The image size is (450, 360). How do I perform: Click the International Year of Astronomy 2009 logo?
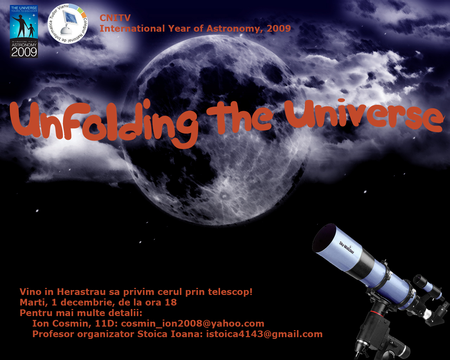[x=24, y=31]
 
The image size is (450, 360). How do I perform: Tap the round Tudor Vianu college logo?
[x=68, y=24]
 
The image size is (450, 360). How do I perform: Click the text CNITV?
[x=115, y=18]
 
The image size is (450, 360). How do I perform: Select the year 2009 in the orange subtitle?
[x=279, y=28]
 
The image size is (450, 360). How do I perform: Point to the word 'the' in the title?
[x=240, y=117]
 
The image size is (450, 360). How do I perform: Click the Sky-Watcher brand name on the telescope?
[x=347, y=247]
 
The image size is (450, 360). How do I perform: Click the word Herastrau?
[x=81, y=292]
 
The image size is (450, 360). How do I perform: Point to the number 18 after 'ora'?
[x=171, y=302]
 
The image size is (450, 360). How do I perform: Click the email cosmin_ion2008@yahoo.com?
[x=193, y=324]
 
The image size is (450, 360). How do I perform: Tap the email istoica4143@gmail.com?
[x=264, y=334]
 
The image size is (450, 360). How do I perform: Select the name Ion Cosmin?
[x=62, y=323]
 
